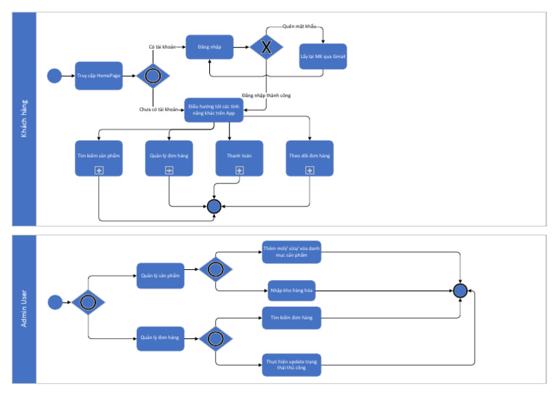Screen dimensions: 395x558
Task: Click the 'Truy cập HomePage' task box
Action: coord(99,76)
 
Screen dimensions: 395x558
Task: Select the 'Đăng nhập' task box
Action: coord(209,47)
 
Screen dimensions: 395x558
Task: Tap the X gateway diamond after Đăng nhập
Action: coord(266,47)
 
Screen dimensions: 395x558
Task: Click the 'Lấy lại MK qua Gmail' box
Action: coord(323,57)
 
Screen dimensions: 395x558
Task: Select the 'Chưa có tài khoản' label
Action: coord(159,109)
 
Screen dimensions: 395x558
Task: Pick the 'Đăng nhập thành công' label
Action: coord(267,95)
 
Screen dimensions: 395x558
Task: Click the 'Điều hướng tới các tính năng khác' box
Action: coord(214,110)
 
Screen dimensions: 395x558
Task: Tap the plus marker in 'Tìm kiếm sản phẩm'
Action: coord(99,169)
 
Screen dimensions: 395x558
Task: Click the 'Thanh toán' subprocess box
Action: coord(239,157)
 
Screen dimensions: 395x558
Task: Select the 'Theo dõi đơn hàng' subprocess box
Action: coord(310,157)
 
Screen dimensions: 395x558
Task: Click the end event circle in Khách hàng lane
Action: coord(214,207)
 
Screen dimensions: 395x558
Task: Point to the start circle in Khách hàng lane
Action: coord(53,76)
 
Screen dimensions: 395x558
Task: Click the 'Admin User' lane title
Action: coord(24,308)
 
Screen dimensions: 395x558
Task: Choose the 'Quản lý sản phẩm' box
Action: coord(160,276)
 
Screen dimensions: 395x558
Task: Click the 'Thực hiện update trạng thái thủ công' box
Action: coord(291,364)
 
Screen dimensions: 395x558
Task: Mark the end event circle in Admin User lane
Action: coord(459,291)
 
